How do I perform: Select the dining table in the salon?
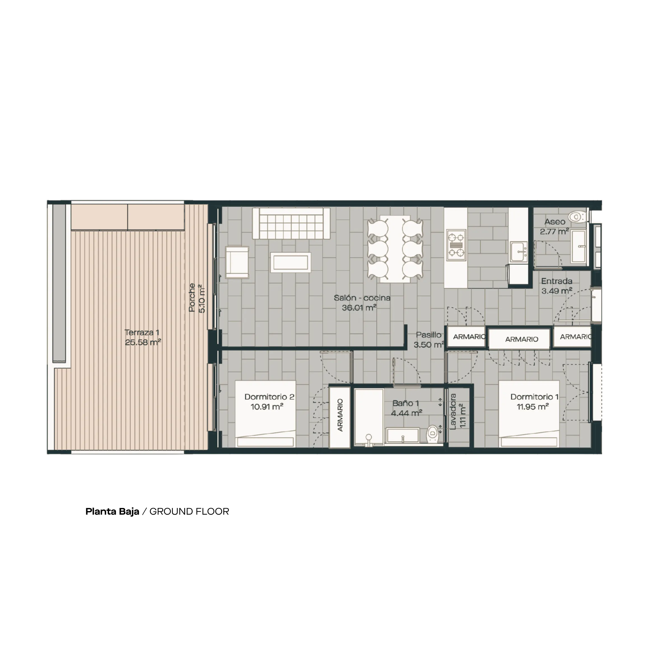click(x=395, y=249)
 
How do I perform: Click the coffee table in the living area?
click(x=291, y=262)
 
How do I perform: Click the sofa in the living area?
click(x=291, y=223)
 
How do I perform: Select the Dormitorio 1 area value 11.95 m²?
click(x=533, y=407)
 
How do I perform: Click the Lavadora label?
click(x=453, y=411)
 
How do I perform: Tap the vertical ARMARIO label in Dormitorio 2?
click(x=340, y=415)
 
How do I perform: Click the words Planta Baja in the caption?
click(x=112, y=512)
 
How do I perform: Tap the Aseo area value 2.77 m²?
click(x=554, y=232)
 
